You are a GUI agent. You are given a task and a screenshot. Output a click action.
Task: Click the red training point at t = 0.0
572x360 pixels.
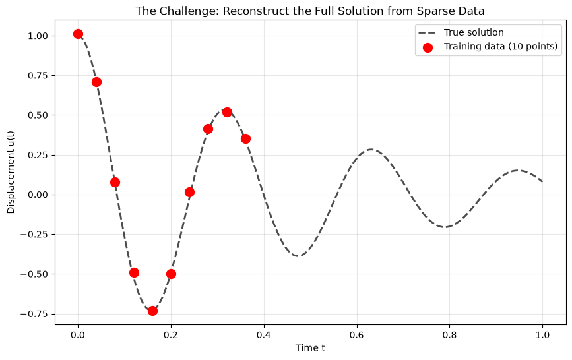tap(78, 34)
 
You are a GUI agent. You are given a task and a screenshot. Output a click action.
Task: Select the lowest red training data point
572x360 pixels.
tap(152, 311)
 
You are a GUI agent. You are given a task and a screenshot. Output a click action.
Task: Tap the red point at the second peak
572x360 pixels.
tap(227, 112)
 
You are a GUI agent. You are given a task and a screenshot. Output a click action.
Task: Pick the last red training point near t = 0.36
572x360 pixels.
tap(245, 138)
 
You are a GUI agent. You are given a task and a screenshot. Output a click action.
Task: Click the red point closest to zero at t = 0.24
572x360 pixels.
tap(189, 193)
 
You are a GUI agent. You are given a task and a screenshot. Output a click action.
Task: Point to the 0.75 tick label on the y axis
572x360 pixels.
tap(38, 76)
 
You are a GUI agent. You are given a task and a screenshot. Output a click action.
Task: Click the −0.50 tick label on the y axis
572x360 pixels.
tap(35, 274)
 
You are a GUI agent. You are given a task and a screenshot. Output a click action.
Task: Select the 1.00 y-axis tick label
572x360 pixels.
tap(38, 36)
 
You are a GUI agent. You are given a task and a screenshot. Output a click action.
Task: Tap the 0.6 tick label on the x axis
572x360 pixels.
tap(356, 335)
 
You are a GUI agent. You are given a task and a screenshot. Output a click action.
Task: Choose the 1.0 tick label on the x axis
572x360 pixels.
tap(542, 335)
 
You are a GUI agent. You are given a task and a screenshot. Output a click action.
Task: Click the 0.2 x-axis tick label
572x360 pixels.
tap(171, 335)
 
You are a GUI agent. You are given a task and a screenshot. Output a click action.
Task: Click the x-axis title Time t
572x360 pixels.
tap(310, 348)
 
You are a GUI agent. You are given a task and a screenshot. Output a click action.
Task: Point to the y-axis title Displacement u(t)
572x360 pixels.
tap(11, 172)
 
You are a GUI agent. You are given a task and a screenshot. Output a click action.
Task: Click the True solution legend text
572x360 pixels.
tap(474, 32)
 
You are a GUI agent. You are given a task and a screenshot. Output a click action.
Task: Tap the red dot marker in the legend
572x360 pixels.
tap(428, 47)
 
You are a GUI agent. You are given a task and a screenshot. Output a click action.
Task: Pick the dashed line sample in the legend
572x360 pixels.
tap(428, 32)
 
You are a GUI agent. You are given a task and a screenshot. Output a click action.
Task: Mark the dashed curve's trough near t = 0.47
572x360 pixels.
tap(298, 256)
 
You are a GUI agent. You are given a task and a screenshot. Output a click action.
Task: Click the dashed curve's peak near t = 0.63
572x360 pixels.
tap(371, 149)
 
